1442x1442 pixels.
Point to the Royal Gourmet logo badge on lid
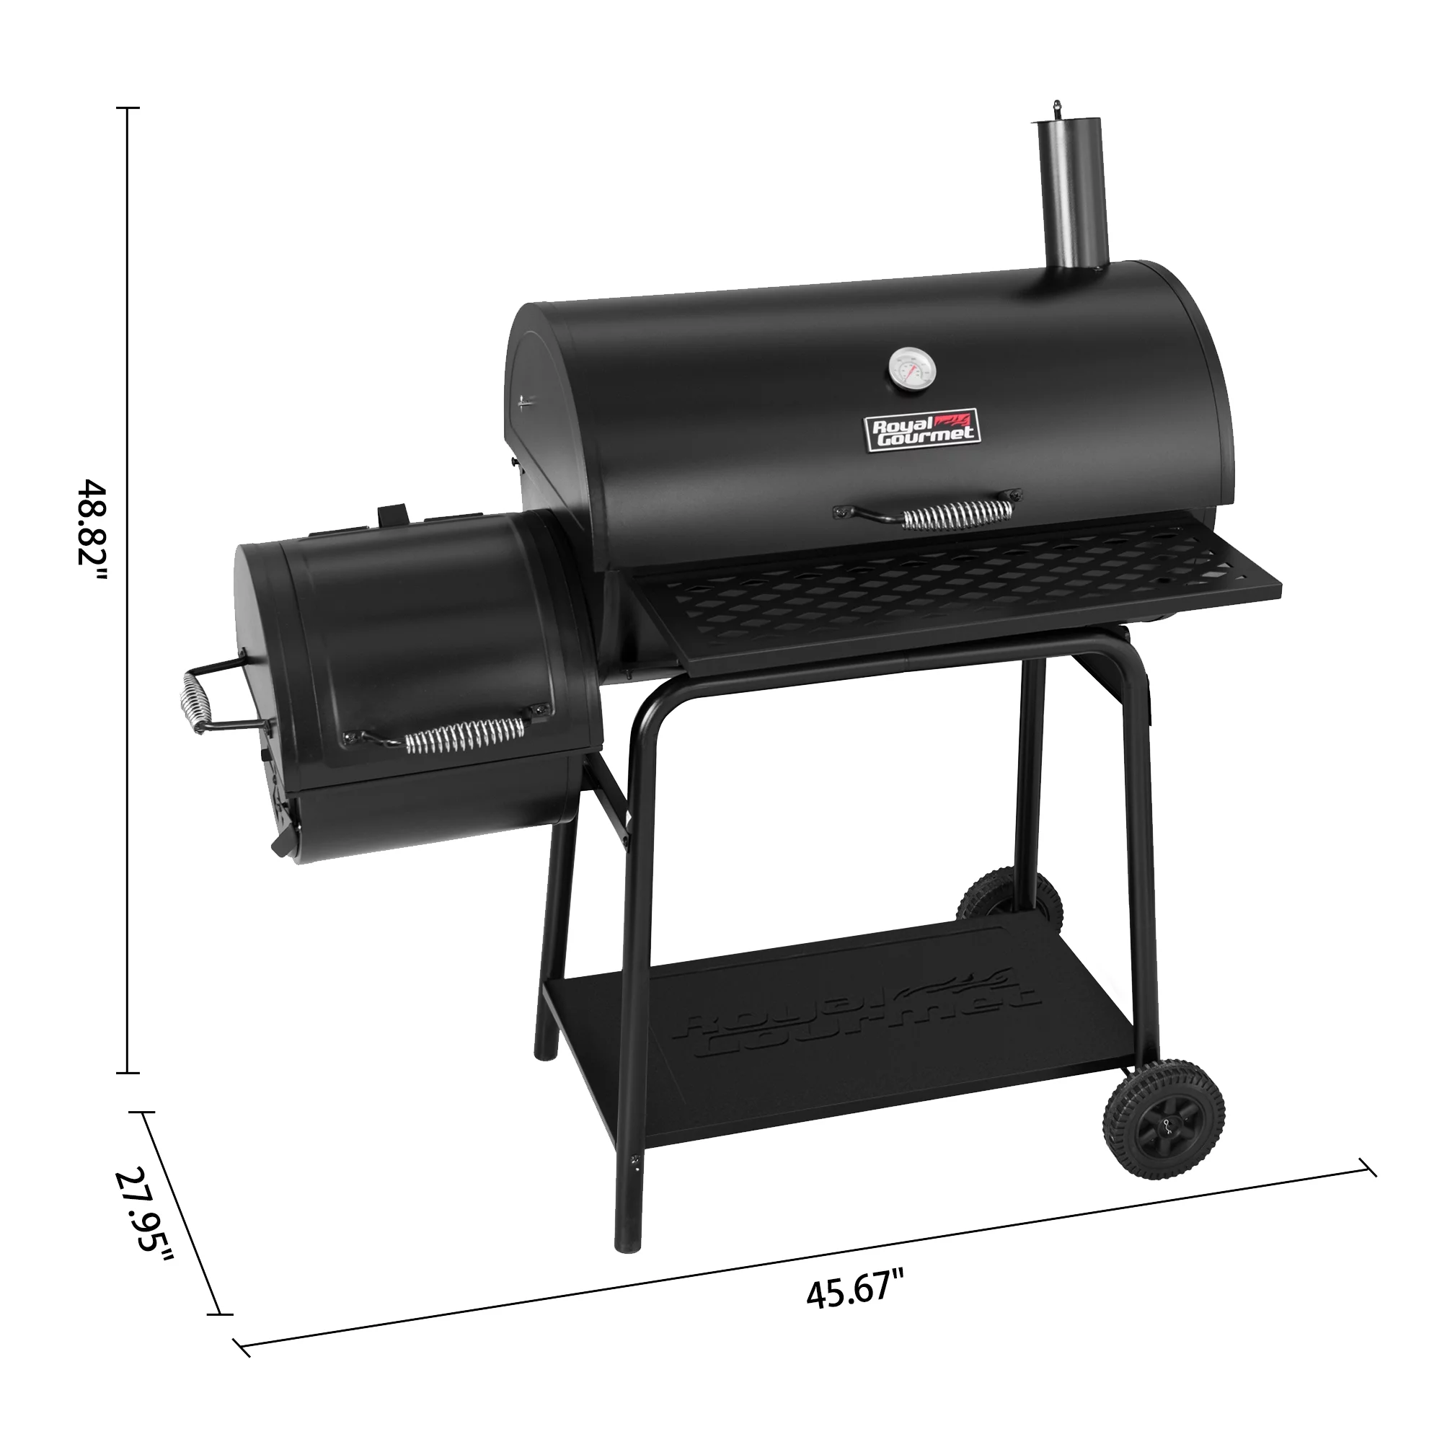[x=921, y=430]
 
